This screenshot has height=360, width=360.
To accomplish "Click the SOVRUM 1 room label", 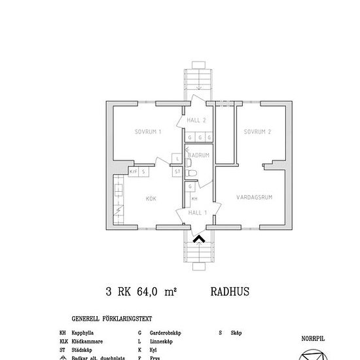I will pos(148,132).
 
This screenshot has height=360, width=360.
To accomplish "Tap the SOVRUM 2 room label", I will pos(257,132).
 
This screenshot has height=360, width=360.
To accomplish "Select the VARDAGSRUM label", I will pos(255,195).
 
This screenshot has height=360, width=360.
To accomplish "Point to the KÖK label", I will pos(151,198).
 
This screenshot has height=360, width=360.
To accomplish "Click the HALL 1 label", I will pos(198,213).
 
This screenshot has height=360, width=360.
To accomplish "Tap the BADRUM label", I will pos(199,155).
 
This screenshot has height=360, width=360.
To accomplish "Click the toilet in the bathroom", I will pos(191,172).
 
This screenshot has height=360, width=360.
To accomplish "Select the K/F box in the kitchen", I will pos(134,171).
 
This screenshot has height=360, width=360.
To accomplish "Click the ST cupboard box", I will pos(177,171).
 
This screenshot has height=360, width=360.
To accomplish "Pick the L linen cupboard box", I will pos(177,158).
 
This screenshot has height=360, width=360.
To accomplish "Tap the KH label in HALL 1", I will pos(194,198).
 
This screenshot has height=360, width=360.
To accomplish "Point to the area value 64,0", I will pos(151,293).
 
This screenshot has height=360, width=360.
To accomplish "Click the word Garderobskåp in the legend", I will pos(164,333).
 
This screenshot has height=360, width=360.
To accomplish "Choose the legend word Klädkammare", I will pos(85,342).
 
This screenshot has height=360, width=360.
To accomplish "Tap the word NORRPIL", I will pos(312,339).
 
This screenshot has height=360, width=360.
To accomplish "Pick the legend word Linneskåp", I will pos(161,342).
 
